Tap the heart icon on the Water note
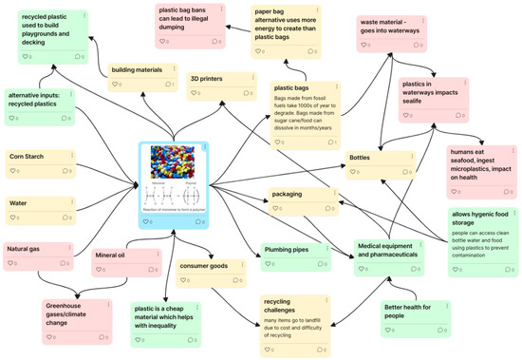pyautogui.click(x=12, y=217)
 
